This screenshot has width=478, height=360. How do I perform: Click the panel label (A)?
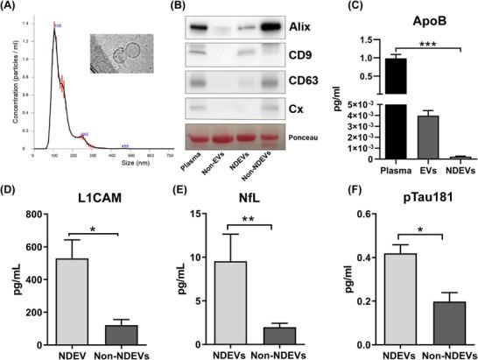(x=12, y=8)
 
